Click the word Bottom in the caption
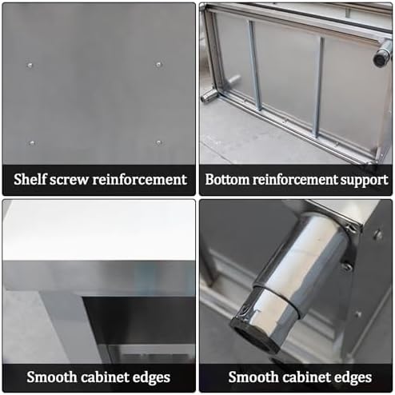(x=228, y=179)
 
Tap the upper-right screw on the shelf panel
(x=158, y=64)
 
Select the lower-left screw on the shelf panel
(x=32, y=143)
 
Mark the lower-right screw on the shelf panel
(x=158, y=142)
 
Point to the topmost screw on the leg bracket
(x=377, y=234)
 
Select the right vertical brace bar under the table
(x=319, y=84)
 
